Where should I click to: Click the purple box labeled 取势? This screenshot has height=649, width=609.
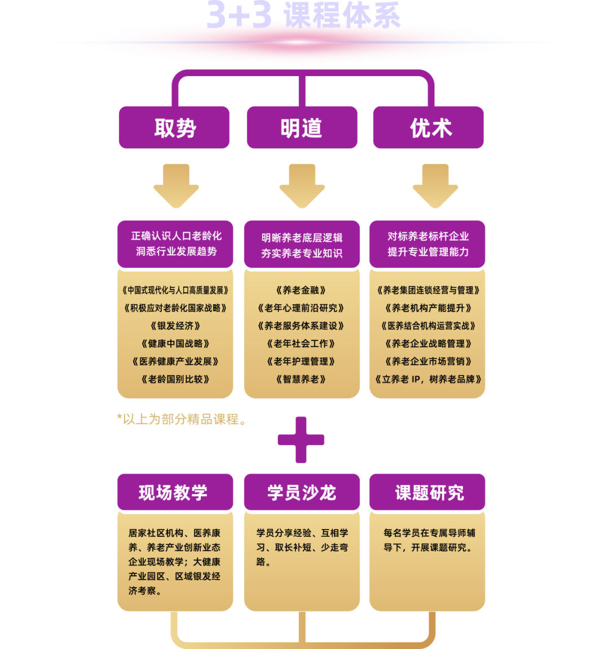point(174,128)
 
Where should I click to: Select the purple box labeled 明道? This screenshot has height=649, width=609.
point(302,128)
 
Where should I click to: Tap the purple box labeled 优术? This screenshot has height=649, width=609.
point(429,128)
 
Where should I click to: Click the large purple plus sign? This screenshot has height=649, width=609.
point(301,440)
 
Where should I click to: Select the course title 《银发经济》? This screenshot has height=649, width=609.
point(175,326)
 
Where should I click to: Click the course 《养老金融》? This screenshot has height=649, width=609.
point(301,290)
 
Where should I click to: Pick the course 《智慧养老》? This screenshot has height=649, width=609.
point(301,379)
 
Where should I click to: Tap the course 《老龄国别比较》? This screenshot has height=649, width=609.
point(175,379)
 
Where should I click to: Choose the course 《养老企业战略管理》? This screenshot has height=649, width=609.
point(428,344)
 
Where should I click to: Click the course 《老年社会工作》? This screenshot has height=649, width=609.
point(301,344)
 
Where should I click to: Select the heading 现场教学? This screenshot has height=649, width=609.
point(174,492)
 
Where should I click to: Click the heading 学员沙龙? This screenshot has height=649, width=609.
point(302,492)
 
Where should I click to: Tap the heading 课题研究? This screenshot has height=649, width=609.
point(429,492)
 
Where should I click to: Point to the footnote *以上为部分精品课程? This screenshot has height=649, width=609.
point(181,420)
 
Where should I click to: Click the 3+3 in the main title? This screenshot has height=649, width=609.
point(239,16)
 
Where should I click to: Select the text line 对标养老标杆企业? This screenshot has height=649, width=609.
point(428,237)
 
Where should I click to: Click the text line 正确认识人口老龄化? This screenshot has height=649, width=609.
point(176,236)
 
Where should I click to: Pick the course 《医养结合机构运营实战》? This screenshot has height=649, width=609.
point(428,326)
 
